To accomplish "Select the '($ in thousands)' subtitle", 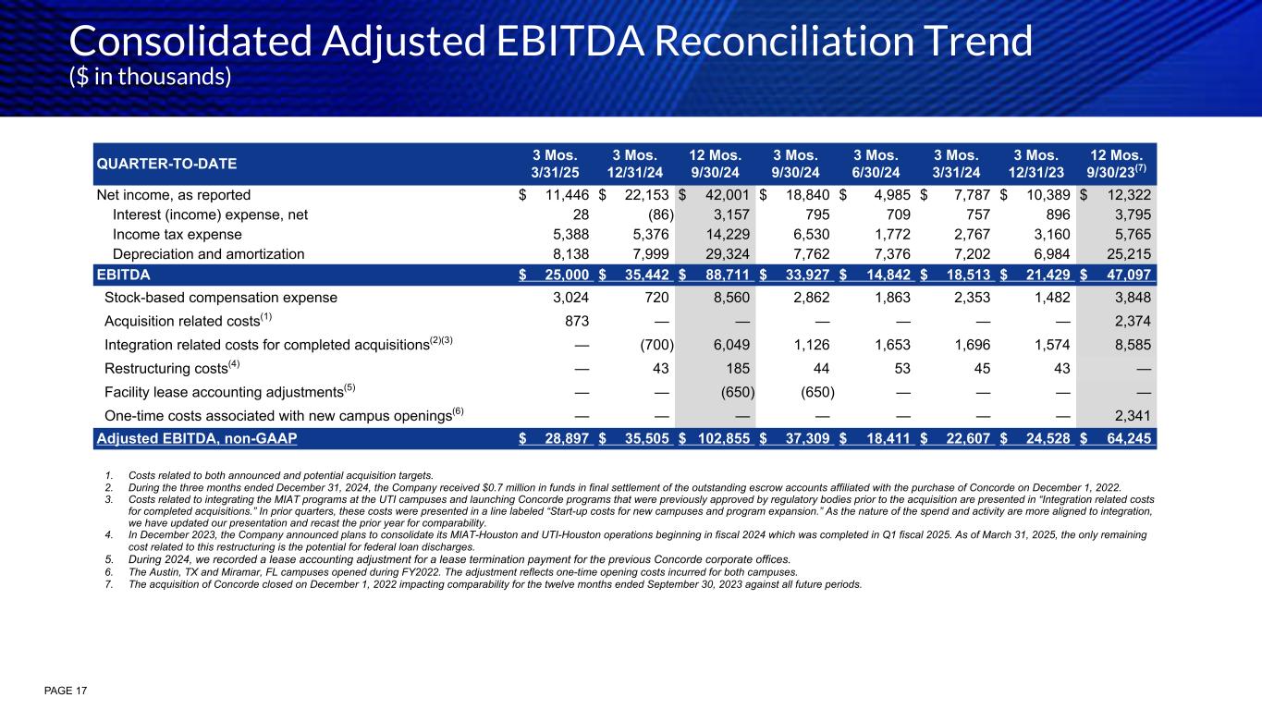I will [x=151, y=77].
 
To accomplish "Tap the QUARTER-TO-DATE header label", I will [x=166, y=164].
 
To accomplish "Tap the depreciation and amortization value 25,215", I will [x=1126, y=253].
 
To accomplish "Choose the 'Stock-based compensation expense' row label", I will [x=221, y=298].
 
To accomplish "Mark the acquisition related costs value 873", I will [x=576, y=322].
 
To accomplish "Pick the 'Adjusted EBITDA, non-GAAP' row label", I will [x=197, y=438].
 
